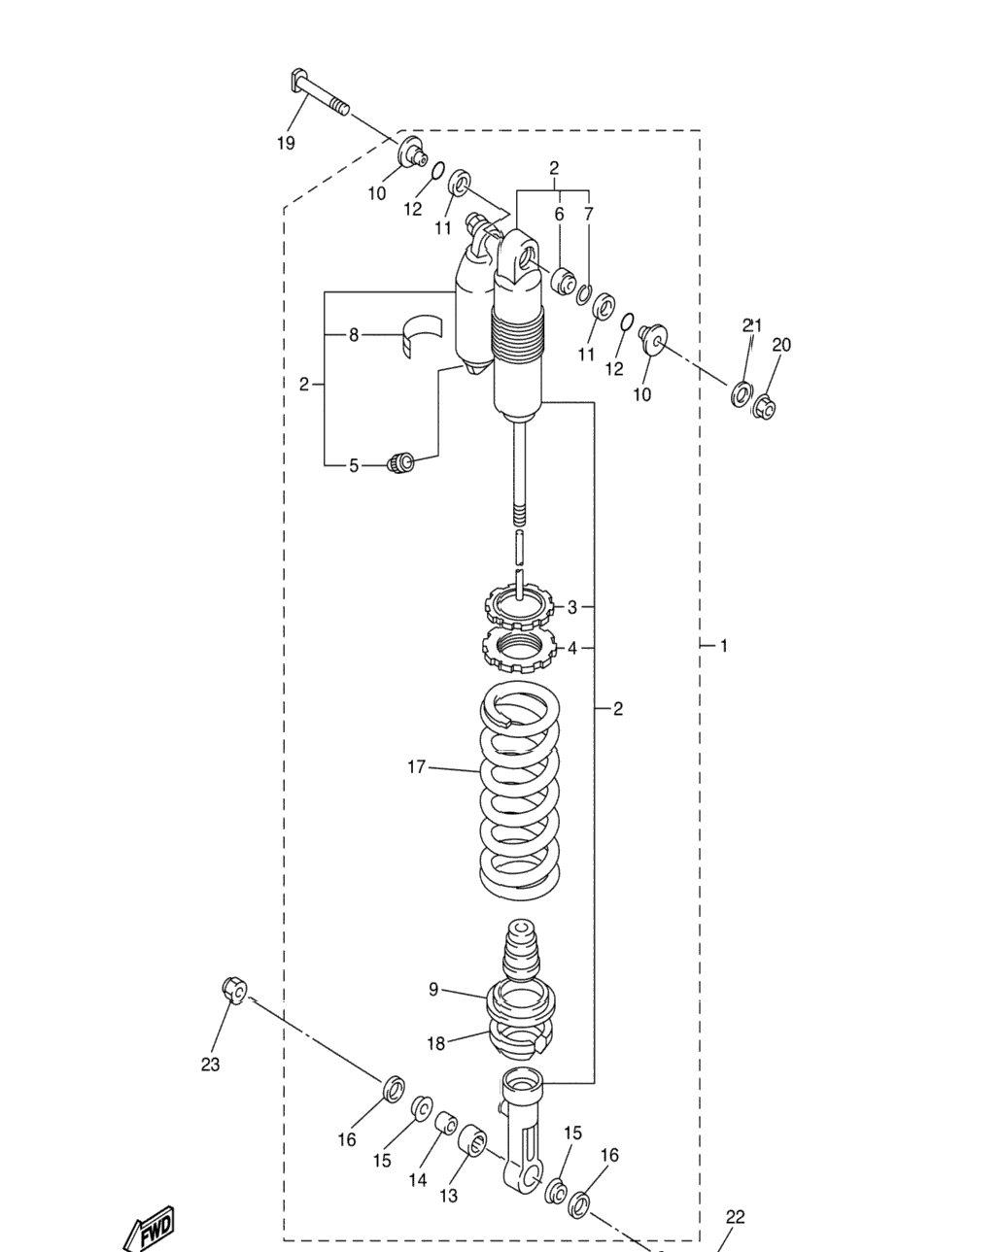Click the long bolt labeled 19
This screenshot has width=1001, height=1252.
pos(319,92)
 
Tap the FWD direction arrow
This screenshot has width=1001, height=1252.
pos(150,1227)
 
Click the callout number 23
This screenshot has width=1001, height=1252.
pos(210,1065)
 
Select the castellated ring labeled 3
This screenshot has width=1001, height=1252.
pos(518,609)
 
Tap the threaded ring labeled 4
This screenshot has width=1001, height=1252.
pos(518,649)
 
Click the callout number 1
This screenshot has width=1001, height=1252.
pos(724,646)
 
